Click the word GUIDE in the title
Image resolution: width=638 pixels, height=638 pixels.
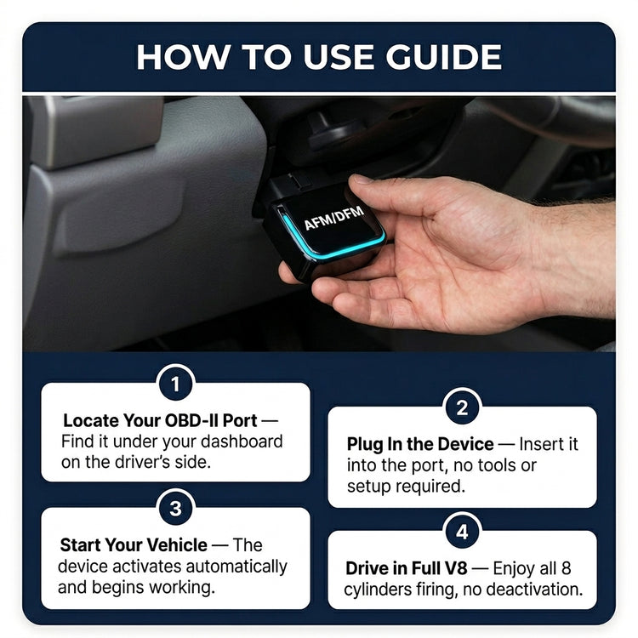(x=443, y=56)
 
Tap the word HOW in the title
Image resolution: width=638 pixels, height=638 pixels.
(x=182, y=56)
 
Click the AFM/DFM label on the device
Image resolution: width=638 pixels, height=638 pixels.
(x=334, y=218)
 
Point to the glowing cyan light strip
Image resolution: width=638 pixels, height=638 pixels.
(x=326, y=242)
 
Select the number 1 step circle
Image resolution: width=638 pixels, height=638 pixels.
(x=175, y=384)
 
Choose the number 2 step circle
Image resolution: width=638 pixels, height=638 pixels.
(x=462, y=407)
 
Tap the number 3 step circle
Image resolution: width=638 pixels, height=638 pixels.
(x=175, y=508)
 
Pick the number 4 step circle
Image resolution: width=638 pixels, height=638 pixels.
(x=462, y=532)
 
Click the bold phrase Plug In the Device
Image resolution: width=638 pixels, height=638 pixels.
(x=420, y=444)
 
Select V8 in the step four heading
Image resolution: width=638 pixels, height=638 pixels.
(x=456, y=569)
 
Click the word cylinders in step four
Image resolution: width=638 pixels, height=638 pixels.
(x=378, y=590)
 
